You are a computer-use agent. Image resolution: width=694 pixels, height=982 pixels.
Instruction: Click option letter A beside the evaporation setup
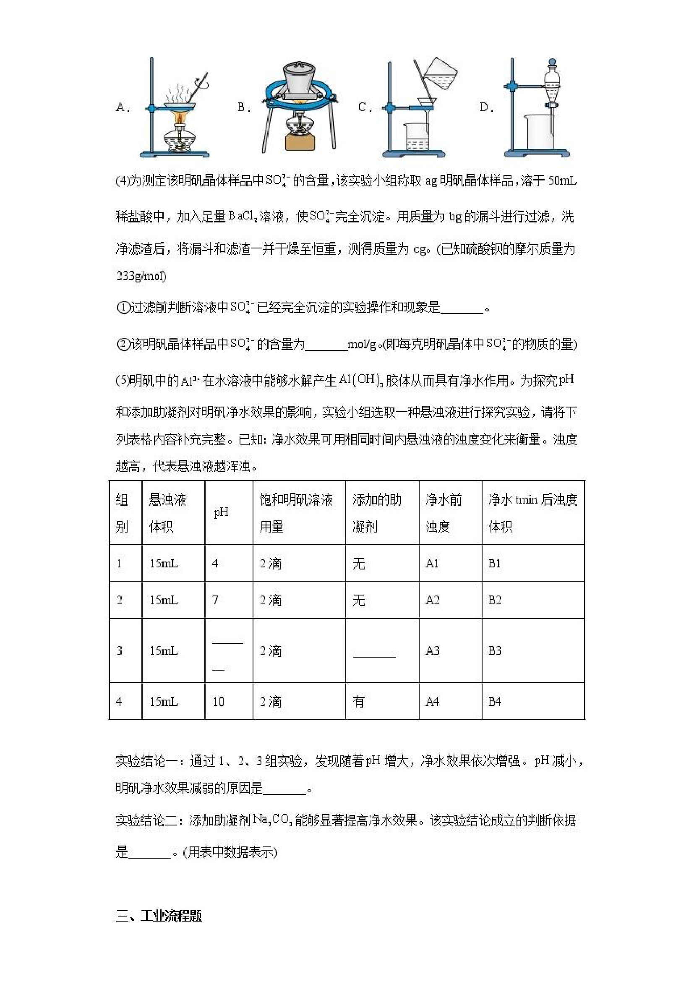click(x=121, y=107)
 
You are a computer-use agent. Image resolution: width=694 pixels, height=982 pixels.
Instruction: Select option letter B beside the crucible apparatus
click(x=243, y=107)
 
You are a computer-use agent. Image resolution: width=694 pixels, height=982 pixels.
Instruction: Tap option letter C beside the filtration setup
click(x=364, y=107)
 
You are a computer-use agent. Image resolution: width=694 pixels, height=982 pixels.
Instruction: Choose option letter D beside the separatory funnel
click(x=485, y=107)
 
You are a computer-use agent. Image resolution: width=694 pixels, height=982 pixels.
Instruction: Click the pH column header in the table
click(x=221, y=512)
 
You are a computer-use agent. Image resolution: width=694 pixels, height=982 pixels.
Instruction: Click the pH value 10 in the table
click(x=218, y=701)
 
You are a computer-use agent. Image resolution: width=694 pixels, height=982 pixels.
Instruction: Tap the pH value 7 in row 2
click(x=215, y=600)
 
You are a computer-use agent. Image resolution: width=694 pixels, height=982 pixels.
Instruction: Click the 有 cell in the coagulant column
click(x=359, y=701)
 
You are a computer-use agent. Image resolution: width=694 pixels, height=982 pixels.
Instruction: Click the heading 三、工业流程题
click(x=159, y=916)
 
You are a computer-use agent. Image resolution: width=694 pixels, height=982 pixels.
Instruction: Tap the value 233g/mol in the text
click(x=141, y=276)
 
